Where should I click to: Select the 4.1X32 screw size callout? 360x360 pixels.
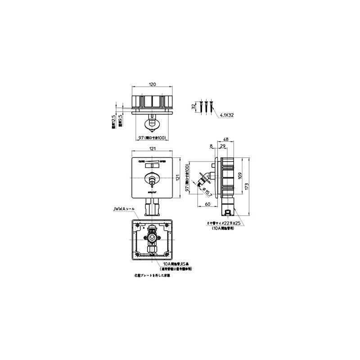coord(227,116)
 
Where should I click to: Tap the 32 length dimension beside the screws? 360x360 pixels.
coord(193,106)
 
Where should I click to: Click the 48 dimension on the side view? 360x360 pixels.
coord(226,139)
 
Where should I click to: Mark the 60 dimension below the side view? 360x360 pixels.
coord(207,205)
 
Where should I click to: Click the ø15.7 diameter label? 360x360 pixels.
coord(208,192)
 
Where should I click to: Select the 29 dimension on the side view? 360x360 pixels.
coord(222,146)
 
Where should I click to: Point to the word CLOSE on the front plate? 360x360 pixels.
coord(141,161)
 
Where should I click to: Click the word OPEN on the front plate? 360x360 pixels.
coord(162,161)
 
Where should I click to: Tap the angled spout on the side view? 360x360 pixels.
coord(203,179)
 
